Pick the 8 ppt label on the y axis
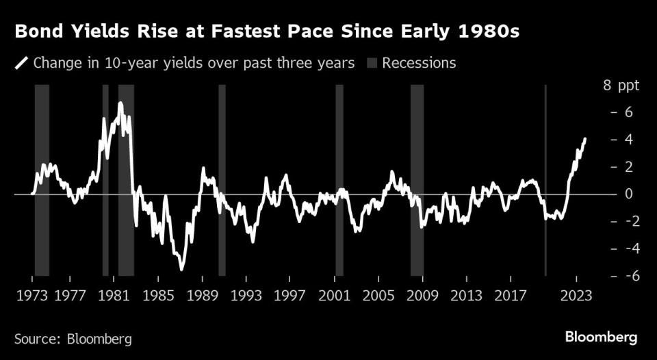pos(620,86)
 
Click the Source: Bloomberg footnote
pos(73,338)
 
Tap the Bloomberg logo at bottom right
pos(601,337)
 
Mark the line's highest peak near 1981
pos(120,103)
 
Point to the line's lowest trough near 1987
pos(182,270)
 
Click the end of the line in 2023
pos(585,139)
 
